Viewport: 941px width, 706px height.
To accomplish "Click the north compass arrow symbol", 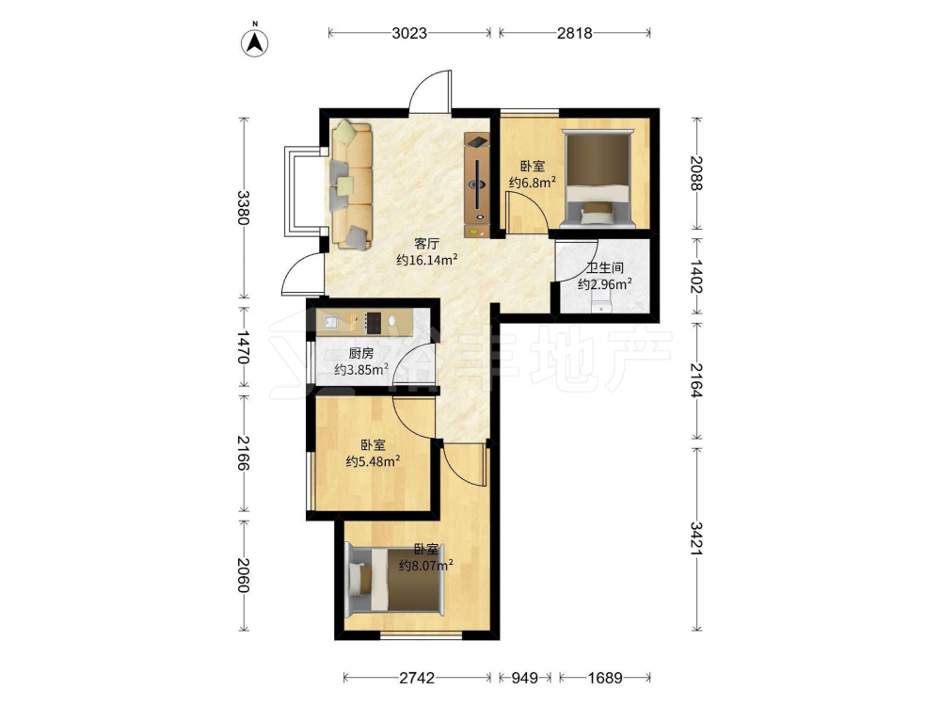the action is [x=254, y=41].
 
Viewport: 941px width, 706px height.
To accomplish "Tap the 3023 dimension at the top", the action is [x=409, y=33].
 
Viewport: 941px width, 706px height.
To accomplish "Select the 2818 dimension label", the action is [x=574, y=33].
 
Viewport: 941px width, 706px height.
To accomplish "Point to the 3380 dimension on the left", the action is [x=243, y=207].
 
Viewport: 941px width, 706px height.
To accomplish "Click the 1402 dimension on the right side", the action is [x=696, y=276].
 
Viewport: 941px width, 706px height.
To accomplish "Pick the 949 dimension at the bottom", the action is [x=525, y=678].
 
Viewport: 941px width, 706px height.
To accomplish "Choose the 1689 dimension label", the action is [x=604, y=678].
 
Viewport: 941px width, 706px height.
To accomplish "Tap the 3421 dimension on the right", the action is [x=696, y=538].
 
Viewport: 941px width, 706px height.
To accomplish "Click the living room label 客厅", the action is [x=427, y=244].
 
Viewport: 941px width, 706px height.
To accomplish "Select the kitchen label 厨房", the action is [x=360, y=354].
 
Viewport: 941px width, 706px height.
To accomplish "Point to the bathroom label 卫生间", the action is [x=604, y=268].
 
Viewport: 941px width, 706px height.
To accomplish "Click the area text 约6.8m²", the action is [x=532, y=183].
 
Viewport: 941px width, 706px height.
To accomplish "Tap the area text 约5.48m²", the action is [x=373, y=461].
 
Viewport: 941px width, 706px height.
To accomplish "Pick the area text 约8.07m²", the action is [x=425, y=565].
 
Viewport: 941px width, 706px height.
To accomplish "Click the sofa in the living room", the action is [x=351, y=185].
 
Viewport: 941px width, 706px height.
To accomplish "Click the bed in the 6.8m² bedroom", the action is [x=598, y=178].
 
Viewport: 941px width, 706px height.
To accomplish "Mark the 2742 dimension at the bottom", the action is [x=417, y=678].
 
